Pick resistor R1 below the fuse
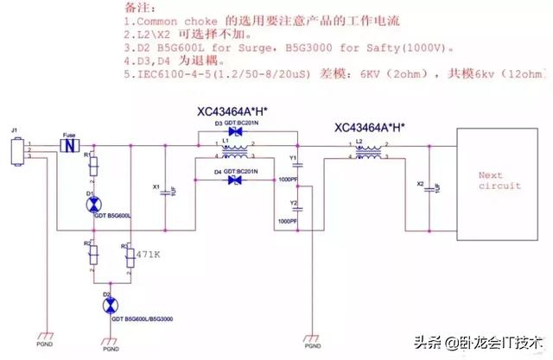point(93,166)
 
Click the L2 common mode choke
point(371,155)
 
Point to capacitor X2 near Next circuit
point(430,187)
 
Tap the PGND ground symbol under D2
point(109,340)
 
